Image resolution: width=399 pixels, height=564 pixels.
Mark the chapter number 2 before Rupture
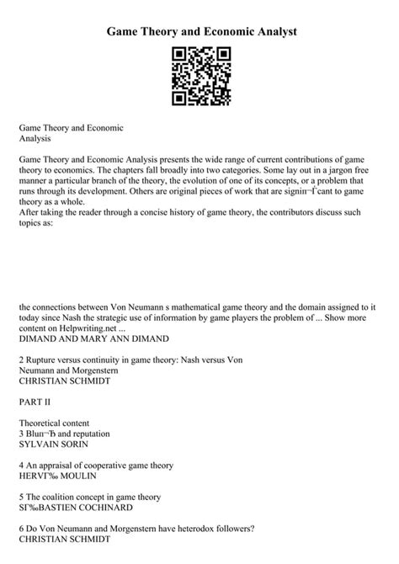[21, 359]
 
